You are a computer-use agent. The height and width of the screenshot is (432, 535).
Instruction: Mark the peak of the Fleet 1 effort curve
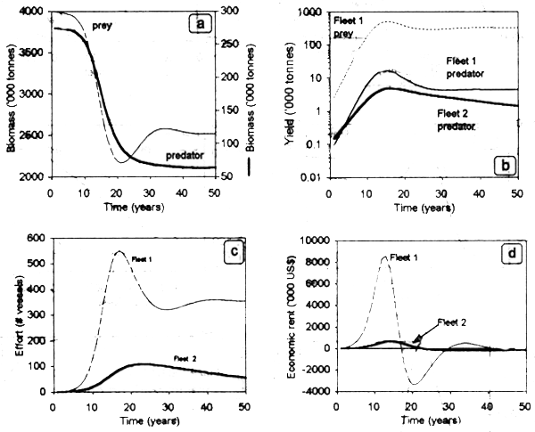click(119, 251)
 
